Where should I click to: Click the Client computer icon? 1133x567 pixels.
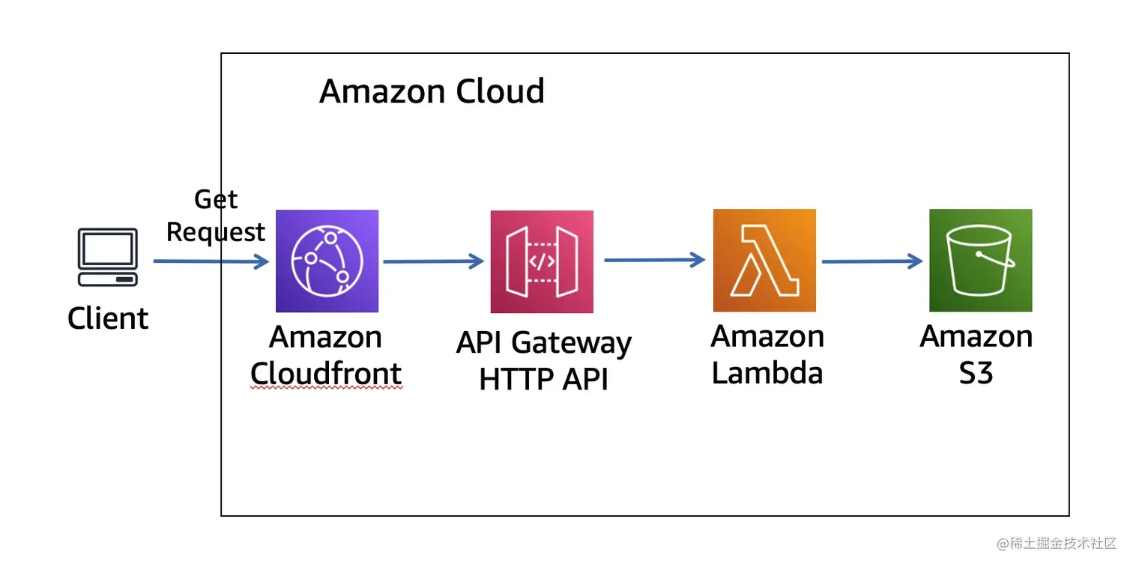pos(108,258)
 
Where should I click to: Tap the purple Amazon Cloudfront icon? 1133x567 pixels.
pos(327,261)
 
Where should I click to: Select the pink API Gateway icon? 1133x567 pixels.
pos(542,261)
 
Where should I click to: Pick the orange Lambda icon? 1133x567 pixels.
pos(764,260)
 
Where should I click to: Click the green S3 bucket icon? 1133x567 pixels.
pos(980,260)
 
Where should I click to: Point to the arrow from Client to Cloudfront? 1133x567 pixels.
pos(211,261)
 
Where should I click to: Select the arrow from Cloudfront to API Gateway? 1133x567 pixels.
pos(433,261)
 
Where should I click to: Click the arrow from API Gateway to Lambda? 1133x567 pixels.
pos(654,260)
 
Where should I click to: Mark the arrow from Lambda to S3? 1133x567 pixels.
pos(871,261)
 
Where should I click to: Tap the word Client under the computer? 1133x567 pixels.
pos(108,318)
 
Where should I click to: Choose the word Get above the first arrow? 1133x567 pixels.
pos(216,199)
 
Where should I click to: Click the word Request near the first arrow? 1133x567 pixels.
pos(216,232)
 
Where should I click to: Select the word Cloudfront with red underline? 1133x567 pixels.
pos(326,373)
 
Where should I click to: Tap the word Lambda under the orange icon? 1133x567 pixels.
pos(767,372)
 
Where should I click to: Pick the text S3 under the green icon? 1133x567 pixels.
pos(976,372)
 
